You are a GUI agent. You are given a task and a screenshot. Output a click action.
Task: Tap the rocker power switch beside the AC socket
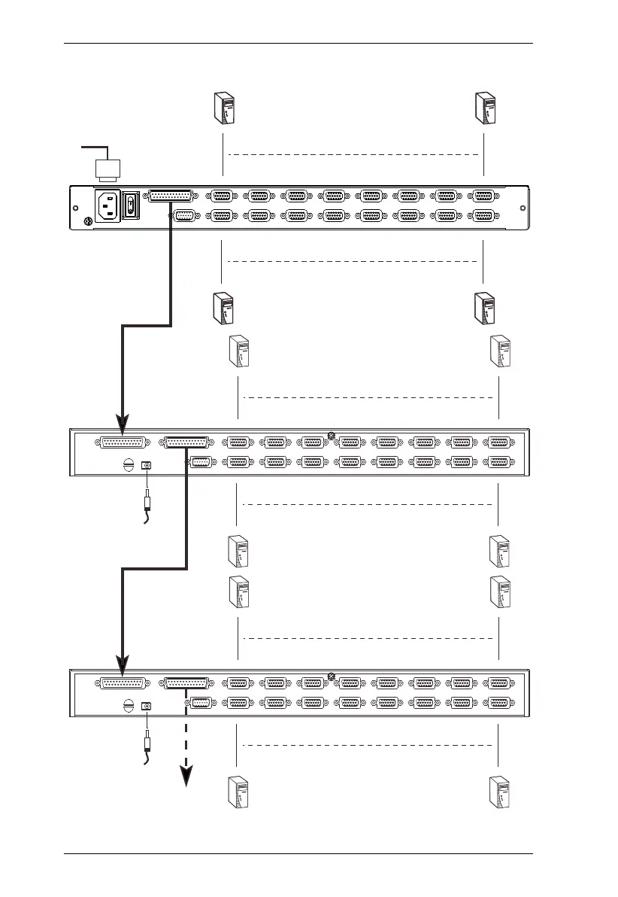[131, 204]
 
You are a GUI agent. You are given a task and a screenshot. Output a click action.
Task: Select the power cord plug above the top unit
[105, 171]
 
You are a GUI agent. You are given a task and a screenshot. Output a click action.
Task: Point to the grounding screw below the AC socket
[87, 220]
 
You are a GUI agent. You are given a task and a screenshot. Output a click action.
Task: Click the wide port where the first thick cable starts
[171, 196]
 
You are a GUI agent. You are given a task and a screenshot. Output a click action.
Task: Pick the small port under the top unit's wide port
[183, 216]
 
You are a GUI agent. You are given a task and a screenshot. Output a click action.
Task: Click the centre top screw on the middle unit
[331, 435]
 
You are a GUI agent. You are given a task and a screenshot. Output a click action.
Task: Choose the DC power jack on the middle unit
[147, 465]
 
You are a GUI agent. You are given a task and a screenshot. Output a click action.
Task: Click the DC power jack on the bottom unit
[147, 706]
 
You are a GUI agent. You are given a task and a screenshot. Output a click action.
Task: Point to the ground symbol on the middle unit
[128, 465]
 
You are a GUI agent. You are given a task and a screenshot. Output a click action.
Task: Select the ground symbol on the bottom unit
[128, 706]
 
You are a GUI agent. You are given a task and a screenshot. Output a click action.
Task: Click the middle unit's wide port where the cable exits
[186, 443]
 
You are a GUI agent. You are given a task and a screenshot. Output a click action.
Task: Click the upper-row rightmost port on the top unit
[482, 196]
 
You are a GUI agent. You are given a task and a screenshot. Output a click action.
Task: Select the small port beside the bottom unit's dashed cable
[201, 704]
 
